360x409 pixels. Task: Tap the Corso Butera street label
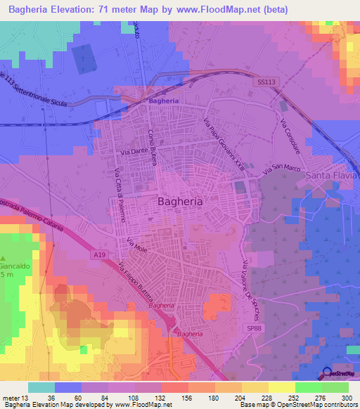[151, 145]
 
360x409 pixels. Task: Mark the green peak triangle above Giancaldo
[4, 258]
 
